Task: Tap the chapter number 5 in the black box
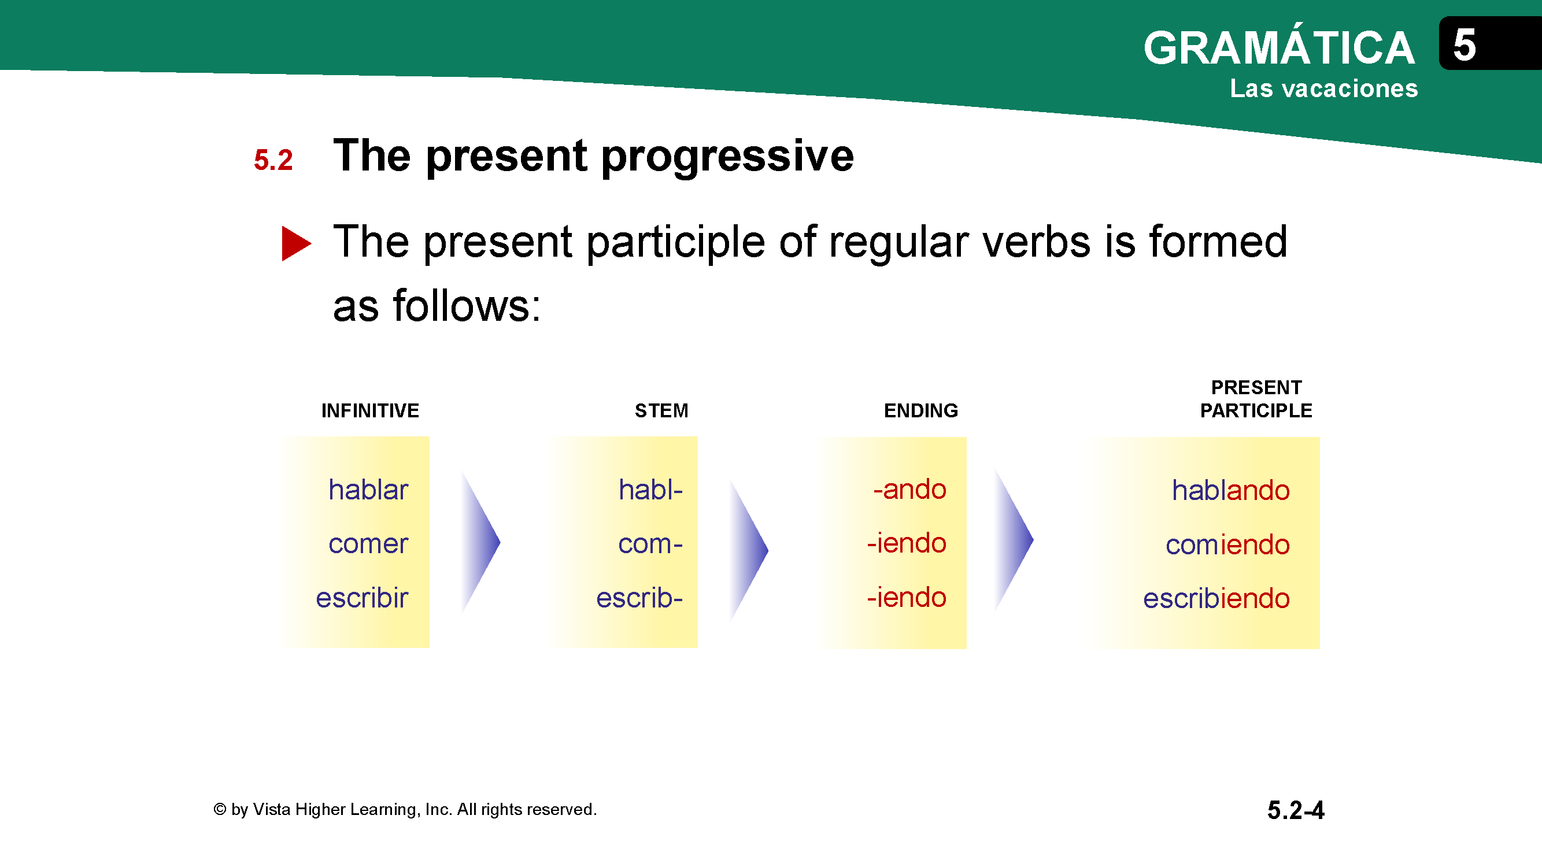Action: coord(1464,45)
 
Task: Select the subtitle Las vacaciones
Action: coord(1323,88)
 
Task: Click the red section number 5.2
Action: coord(273,160)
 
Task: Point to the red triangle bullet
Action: coord(296,243)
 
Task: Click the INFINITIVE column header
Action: coord(370,410)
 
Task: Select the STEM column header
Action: coord(661,410)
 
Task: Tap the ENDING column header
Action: coord(921,410)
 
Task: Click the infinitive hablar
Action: coord(368,490)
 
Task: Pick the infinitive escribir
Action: coord(362,597)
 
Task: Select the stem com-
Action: coord(650,544)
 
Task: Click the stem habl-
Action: coord(650,490)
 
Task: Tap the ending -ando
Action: coord(910,489)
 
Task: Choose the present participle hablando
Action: coord(1231,490)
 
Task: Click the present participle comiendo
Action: coord(1227,544)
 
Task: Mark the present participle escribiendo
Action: coord(1216,598)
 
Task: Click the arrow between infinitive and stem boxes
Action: coord(480,543)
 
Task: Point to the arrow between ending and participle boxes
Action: coord(1014,540)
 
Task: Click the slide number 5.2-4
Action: coord(1296,810)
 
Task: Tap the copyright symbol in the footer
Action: coord(220,809)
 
